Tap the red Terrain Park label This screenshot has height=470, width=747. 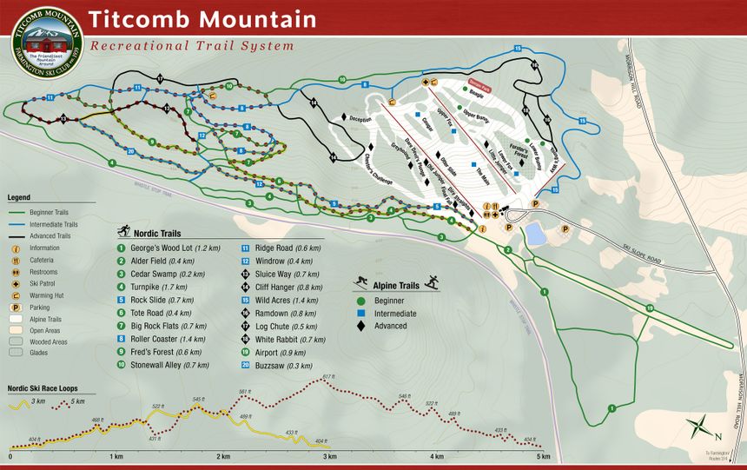click(x=479, y=88)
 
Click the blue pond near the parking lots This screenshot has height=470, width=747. click(x=536, y=234)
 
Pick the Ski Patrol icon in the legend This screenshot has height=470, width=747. click(x=16, y=282)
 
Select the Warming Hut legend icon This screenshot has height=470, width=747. click(x=16, y=295)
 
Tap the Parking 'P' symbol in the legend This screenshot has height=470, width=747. click(x=16, y=307)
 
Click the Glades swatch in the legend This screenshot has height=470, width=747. click(x=17, y=353)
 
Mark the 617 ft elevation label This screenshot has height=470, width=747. click(x=328, y=376)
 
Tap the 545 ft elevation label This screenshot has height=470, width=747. click(x=198, y=399)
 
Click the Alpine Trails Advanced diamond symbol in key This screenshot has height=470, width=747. click(x=360, y=326)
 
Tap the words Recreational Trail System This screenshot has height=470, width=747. click(x=192, y=45)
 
